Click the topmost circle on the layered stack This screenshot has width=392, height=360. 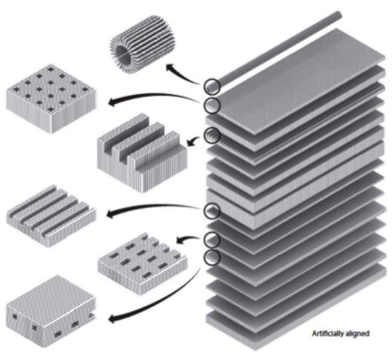click(x=213, y=86)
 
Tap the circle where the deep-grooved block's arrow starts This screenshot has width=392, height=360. click(x=212, y=135)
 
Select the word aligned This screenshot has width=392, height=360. click(x=358, y=333)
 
